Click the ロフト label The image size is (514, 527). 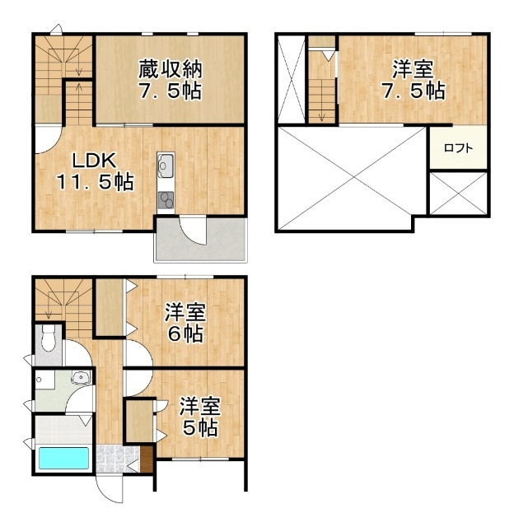pos(458,148)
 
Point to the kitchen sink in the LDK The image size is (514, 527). pos(164,166)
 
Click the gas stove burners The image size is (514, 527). pos(166,198)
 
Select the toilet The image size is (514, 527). pos(48,337)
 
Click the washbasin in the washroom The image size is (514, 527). pos(82,379)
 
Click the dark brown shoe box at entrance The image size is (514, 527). pos(147,459)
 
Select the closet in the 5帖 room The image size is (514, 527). pos(139,421)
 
